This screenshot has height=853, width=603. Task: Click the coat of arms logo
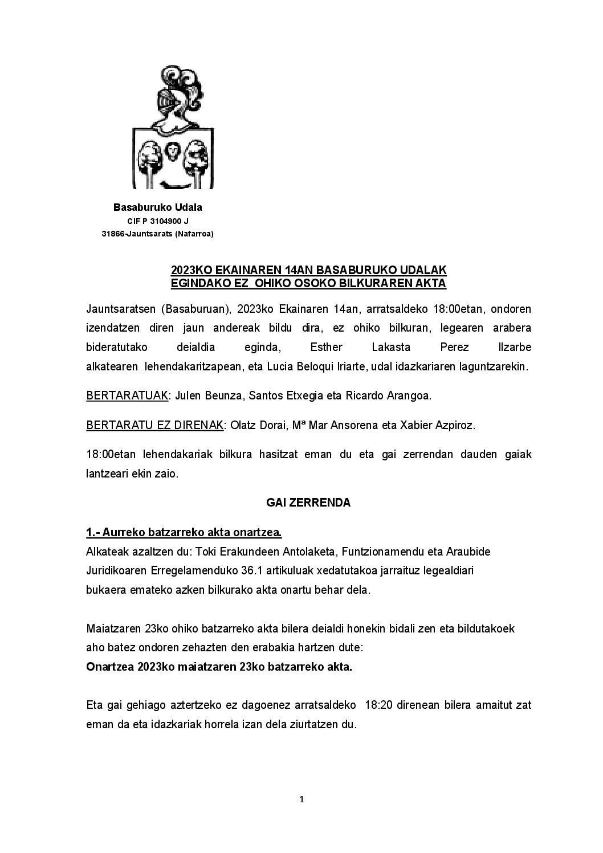(x=173, y=127)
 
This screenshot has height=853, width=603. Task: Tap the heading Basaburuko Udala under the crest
(x=158, y=207)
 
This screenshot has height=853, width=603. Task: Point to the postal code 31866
(x=112, y=234)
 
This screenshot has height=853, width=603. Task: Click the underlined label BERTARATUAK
(x=127, y=395)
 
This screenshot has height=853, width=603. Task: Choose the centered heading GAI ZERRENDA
(x=308, y=503)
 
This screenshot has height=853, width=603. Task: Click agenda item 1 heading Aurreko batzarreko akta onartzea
(x=184, y=533)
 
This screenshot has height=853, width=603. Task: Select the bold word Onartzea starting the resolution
(x=110, y=667)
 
